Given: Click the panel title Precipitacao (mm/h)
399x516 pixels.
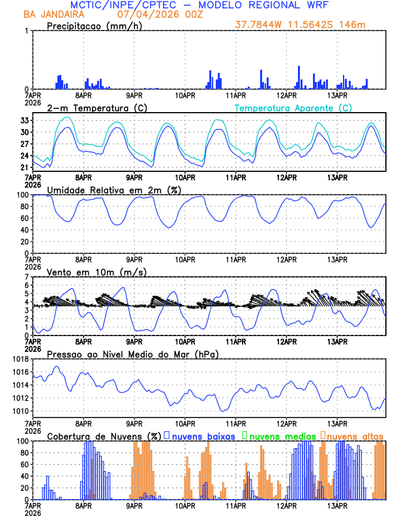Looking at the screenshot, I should click(93, 26).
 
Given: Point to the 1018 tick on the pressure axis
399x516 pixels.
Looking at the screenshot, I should click(20, 359).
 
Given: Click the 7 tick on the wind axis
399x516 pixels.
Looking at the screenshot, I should click(27, 277).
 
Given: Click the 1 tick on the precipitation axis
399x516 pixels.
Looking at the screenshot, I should click(27, 31).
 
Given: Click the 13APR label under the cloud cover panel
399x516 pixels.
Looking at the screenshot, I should click(337, 505).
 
